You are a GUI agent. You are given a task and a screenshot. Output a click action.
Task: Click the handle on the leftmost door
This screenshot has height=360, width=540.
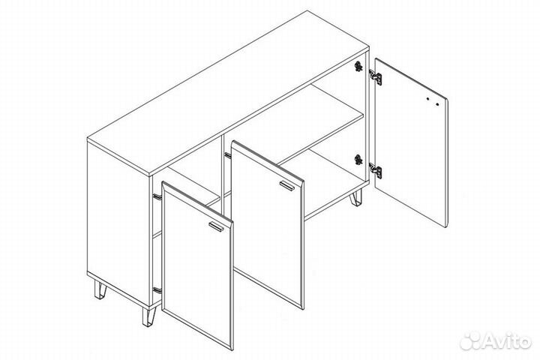click(x=216, y=226)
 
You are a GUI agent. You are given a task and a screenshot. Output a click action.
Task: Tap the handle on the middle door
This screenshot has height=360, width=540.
click(x=287, y=185)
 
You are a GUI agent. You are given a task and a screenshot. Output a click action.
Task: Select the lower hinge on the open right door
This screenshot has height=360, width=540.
click(x=376, y=170)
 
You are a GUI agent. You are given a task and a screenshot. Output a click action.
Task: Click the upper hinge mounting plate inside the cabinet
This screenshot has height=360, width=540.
click(x=358, y=66)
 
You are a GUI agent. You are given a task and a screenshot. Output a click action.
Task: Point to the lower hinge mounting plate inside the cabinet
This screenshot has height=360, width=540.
click(x=358, y=160)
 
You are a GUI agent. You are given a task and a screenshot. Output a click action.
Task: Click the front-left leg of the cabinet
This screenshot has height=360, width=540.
click(x=149, y=316)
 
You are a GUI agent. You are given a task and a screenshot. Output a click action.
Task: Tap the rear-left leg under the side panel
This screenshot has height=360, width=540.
click(x=100, y=289)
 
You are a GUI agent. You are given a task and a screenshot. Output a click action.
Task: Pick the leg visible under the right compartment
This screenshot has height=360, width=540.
click(x=356, y=198)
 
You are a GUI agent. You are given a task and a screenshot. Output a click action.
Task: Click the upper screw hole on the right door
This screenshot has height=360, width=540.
click(x=427, y=99)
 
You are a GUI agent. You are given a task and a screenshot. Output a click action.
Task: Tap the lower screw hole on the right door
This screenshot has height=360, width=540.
click(x=437, y=104)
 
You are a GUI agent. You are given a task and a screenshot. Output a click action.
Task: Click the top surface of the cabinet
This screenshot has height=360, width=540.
click(x=228, y=93)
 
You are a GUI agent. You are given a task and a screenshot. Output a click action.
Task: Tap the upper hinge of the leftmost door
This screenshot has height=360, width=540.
click(x=157, y=196)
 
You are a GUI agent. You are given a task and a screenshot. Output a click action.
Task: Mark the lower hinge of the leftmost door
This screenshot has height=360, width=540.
click(x=157, y=290)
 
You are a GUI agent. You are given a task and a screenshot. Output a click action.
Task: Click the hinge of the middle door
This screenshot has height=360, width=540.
click(x=228, y=155)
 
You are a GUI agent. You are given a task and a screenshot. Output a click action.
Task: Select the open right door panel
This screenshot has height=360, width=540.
click(x=411, y=142)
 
